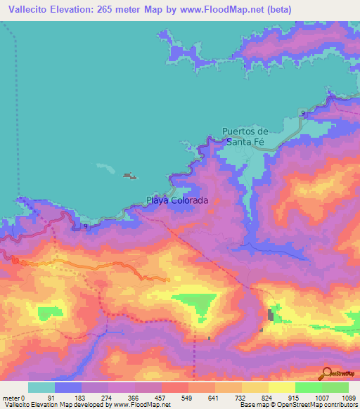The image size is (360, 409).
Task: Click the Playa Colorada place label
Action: tap(177, 200)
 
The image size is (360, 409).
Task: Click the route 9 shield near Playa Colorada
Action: tap(85, 226)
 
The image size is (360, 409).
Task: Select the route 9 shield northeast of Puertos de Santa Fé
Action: tap(302, 113)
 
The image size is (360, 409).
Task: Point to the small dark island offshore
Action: tap(129, 176)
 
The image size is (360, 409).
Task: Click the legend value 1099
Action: tap(348, 398)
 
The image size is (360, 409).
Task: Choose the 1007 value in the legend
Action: tap(321, 398)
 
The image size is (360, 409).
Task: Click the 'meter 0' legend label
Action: tap(13, 398)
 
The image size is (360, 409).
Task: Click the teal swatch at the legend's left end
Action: tap(41, 387)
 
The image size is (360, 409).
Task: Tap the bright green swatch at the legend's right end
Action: tap(335, 387)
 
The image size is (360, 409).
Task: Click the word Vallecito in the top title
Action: tap(29, 9)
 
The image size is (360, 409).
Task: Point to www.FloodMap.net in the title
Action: tap(217, 9)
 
